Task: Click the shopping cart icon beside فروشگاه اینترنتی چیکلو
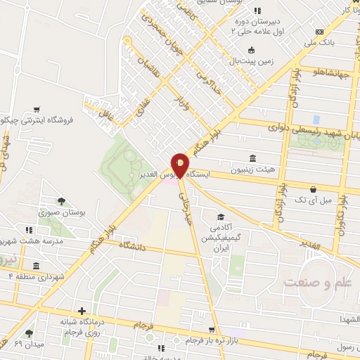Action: pos(36,109)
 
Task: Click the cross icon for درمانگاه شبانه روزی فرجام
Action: pos(83,310)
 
